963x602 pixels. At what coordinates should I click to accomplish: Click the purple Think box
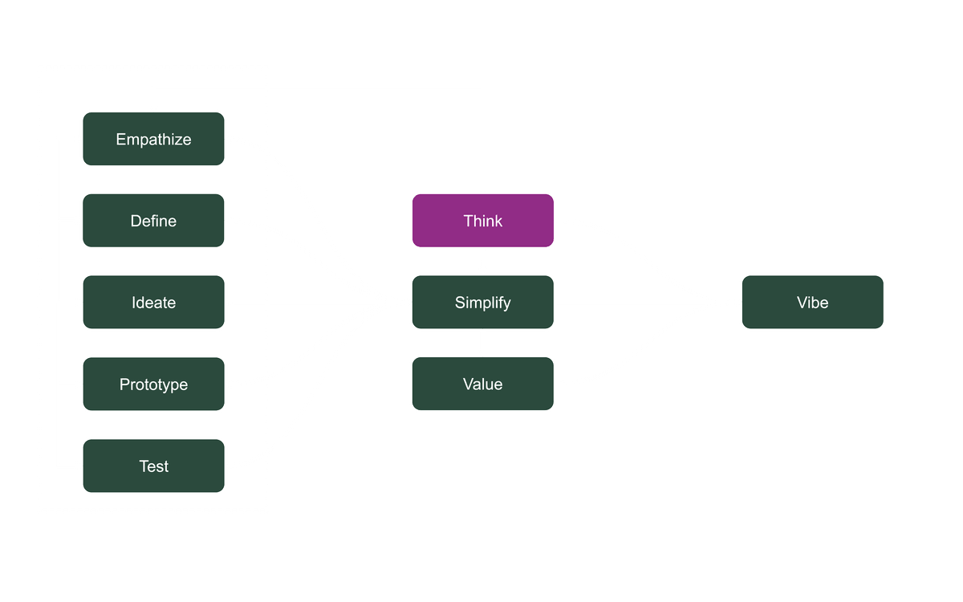click(482, 220)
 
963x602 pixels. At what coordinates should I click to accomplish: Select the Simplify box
click(482, 302)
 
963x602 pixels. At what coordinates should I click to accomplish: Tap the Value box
click(482, 384)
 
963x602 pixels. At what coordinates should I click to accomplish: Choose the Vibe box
click(812, 302)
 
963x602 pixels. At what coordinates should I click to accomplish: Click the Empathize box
click(153, 139)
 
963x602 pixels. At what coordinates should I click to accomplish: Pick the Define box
click(153, 221)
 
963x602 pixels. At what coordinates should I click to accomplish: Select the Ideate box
click(153, 303)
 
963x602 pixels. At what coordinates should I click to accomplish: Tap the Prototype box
click(153, 384)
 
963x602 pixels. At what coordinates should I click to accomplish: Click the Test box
click(153, 466)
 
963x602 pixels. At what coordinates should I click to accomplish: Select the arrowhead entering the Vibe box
click(736, 302)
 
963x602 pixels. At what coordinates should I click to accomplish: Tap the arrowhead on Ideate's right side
click(230, 303)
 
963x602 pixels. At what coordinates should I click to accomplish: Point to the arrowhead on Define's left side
click(78, 221)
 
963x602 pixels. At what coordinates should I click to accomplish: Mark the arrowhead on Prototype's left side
click(78, 384)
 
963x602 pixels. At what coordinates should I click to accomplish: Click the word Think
click(482, 220)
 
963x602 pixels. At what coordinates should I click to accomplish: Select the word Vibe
click(812, 302)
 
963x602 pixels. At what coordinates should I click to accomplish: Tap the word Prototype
click(153, 384)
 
